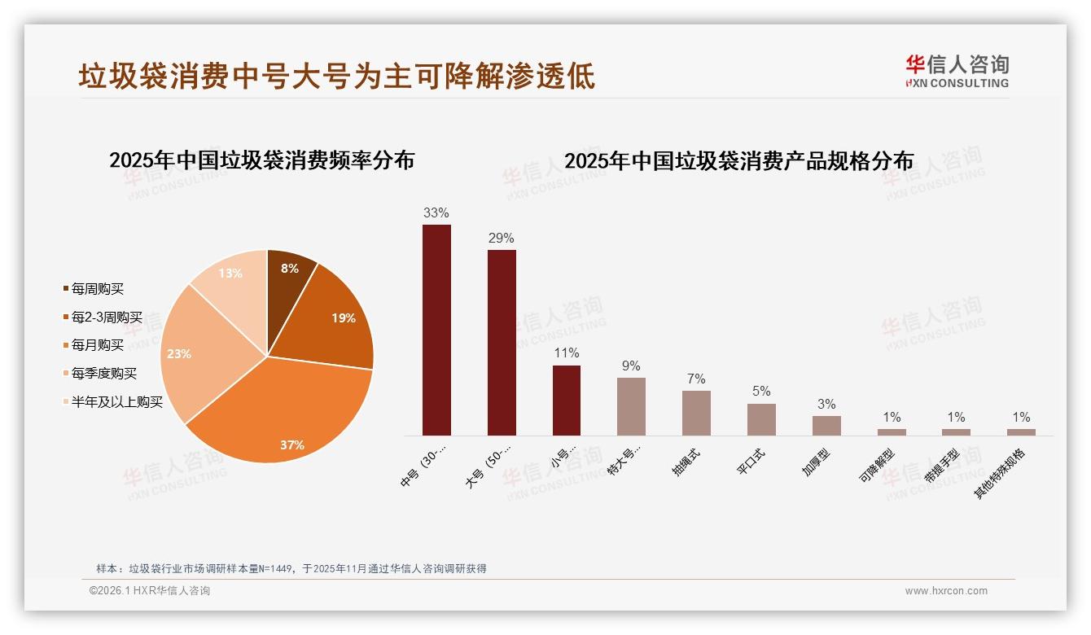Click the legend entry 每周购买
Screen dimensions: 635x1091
click(97, 289)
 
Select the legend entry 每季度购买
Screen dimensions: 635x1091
click(103, 374)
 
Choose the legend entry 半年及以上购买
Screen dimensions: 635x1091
click(116, 402)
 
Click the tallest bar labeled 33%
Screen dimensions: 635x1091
click(436, 330)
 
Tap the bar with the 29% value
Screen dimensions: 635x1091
click(502, 342)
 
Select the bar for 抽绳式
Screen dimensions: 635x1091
click(696, 413)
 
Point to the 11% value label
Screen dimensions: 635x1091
click(566, 353)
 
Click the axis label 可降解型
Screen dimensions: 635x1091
click(878, 465)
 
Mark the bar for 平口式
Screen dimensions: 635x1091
click(761, 419)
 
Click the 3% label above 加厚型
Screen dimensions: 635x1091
click(826, 405)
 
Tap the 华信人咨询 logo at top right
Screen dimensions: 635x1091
click(957, 72)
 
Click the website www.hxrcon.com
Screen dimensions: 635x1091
click(946, 591)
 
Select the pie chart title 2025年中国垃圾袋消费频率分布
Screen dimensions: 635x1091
click(261, 160)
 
